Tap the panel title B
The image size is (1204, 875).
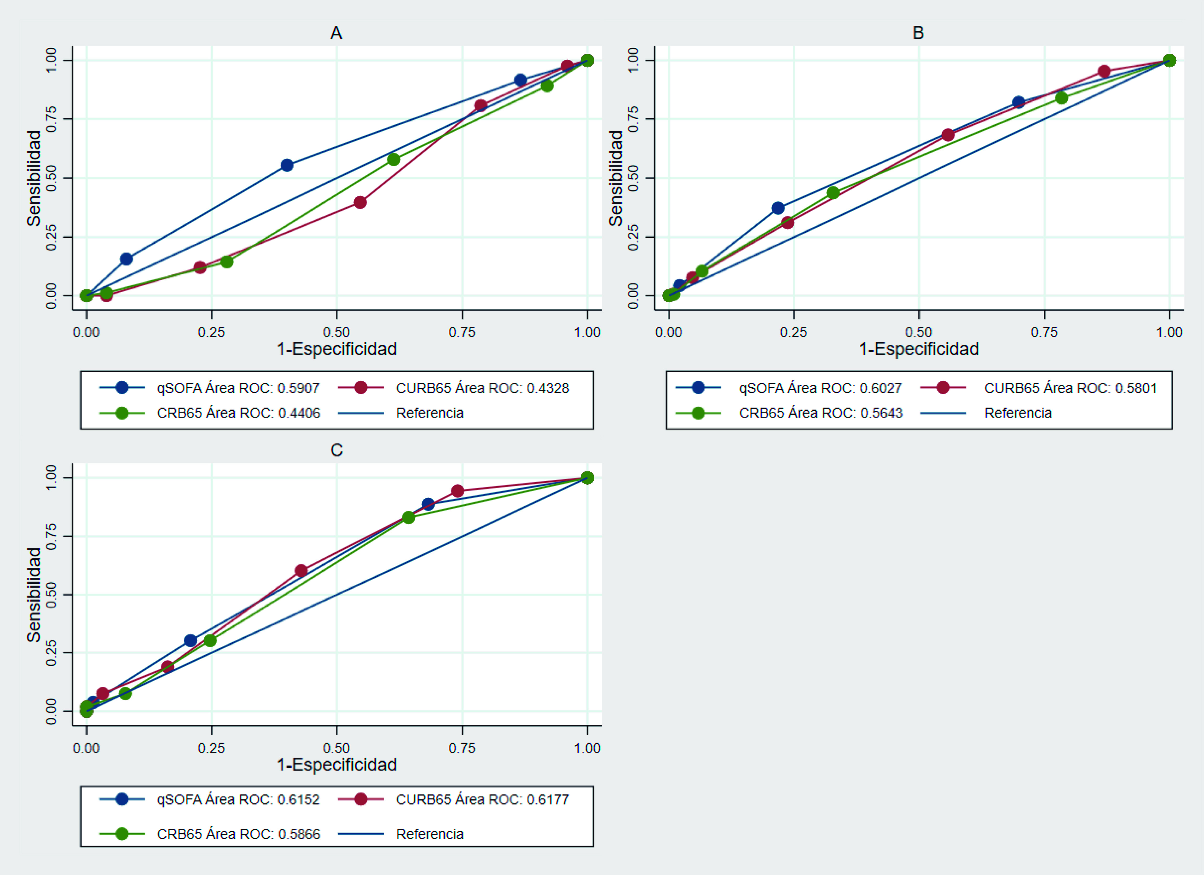pos(918,33)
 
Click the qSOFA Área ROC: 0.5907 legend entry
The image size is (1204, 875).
pos(238,388)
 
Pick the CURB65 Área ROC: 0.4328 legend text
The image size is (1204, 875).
pos(482,388)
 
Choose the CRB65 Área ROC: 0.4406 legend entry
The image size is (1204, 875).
pos(238,413)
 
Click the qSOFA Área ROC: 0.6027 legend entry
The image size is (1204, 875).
pos(820,388)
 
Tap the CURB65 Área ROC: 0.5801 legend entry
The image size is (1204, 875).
pos(1070,388)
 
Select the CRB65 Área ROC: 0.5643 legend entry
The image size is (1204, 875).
pos(821,413)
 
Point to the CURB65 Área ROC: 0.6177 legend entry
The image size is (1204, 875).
pos(482,800)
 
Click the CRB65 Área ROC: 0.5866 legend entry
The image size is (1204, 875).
pos(238,834)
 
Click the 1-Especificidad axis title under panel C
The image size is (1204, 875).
pos(336,765)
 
